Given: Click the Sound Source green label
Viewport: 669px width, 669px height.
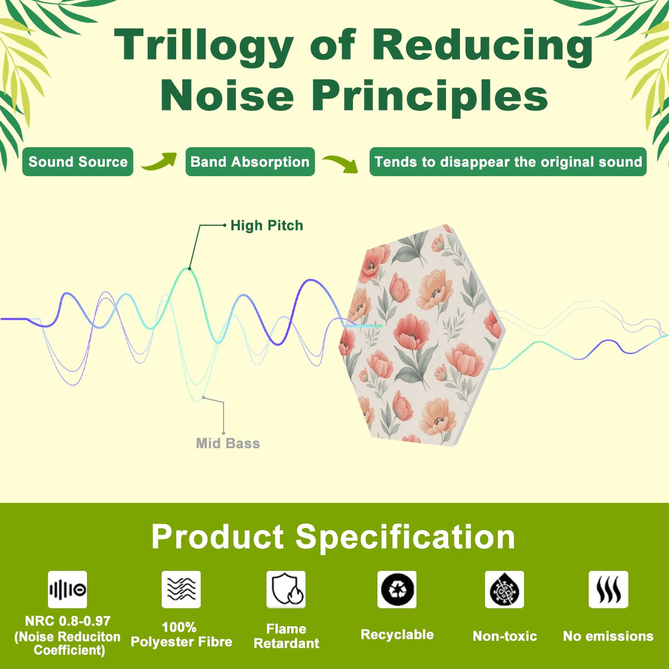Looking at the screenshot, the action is coord(77,162).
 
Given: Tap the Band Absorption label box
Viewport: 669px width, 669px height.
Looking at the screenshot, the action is coord(250,162).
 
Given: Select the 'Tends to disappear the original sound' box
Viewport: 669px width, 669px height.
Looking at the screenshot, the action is coord(508,162).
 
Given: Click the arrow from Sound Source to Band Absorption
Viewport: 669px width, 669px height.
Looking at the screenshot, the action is coord(159,162).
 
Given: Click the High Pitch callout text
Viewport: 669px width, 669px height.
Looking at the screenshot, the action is coord(266,226).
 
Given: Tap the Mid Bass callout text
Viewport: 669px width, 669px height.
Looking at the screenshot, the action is coord(228,443).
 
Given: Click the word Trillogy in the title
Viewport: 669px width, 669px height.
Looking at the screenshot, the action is coord(203,45).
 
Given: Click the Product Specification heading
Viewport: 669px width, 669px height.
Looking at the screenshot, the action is coord(333,537).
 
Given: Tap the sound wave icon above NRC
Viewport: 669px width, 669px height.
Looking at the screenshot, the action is coord(67,589).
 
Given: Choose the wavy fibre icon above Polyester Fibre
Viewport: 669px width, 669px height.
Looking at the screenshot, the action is coord(181,589).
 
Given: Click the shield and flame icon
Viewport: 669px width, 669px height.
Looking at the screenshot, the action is coord(286,589).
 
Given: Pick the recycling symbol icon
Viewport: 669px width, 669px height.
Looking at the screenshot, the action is coord(397,589).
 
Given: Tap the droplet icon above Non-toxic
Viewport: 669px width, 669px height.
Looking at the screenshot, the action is coord(505,589).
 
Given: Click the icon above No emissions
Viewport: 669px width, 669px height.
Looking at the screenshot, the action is coord(608,589).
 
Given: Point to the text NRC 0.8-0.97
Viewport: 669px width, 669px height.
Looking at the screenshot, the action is coord(67,620).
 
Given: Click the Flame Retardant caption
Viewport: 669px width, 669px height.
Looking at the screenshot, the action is coord(287,636).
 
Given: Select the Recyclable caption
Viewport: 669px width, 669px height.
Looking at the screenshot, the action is coord(397,634).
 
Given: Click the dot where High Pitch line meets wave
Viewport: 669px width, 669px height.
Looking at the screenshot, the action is coord(190,268).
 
